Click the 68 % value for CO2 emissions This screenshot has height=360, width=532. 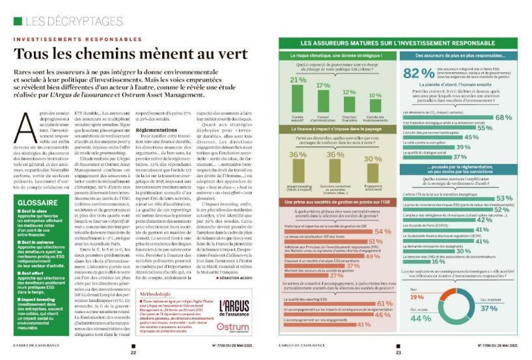pyautogui.click(x=504, y=117)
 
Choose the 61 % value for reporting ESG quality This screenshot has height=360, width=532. pyautogui.click(x=384, y=303)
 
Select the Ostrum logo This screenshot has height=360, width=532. pyautogui.click(x=233, y=327)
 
